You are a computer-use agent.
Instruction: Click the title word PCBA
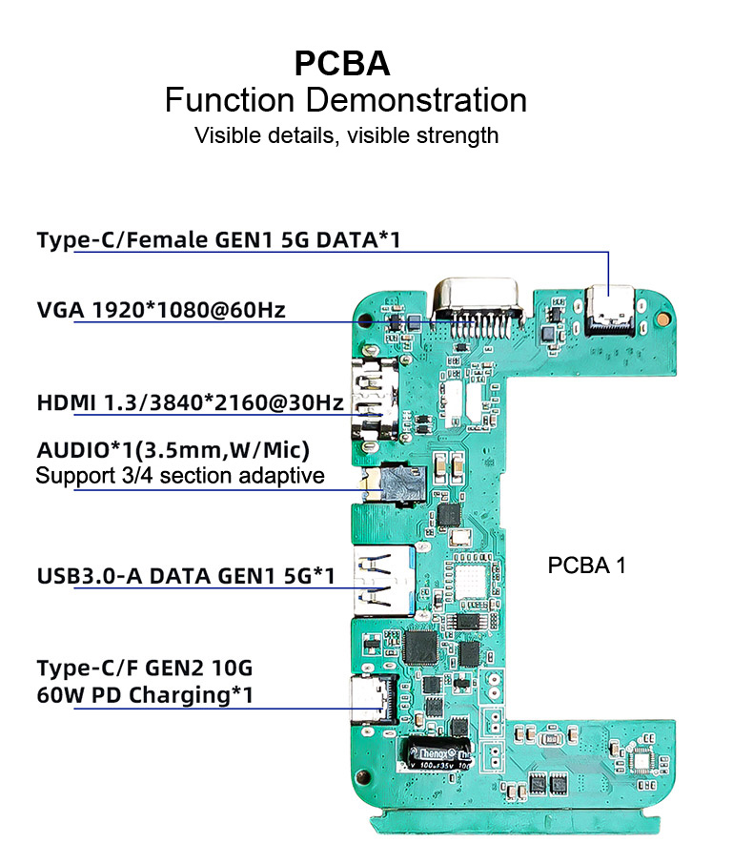(x=341, y=63)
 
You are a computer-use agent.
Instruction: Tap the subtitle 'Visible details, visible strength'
(x=346, y=135)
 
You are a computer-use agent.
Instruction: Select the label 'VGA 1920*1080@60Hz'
(x=161, y=310)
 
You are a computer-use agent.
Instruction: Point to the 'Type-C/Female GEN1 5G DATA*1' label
(x=218, y=239)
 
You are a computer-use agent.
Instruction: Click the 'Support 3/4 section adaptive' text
(x=179, y=475)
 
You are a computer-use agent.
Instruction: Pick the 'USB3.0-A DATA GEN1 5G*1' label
(x=186, y=576)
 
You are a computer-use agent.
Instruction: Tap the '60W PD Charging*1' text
(x=145, y=694)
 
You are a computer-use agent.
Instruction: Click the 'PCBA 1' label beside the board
(x=586, y=566)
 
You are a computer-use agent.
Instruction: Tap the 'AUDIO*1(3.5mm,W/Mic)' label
(x=173, y=449)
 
